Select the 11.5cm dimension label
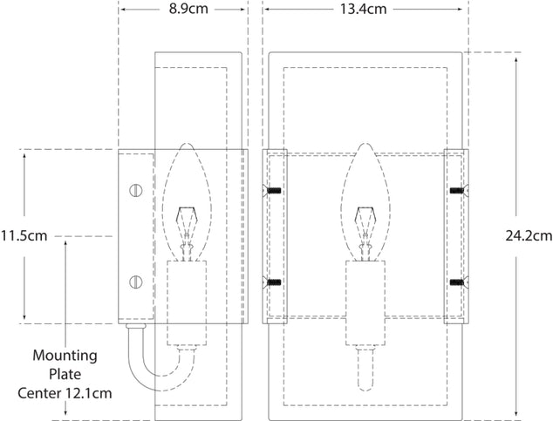click(24, 235)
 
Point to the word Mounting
click(65, 356)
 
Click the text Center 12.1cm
click(75, 393)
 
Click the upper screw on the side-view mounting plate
click(134, 189)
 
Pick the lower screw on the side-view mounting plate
click(134, 281)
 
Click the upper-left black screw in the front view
click(271, 189)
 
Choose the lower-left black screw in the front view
click(271, 282)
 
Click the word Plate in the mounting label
click(65, 375)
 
